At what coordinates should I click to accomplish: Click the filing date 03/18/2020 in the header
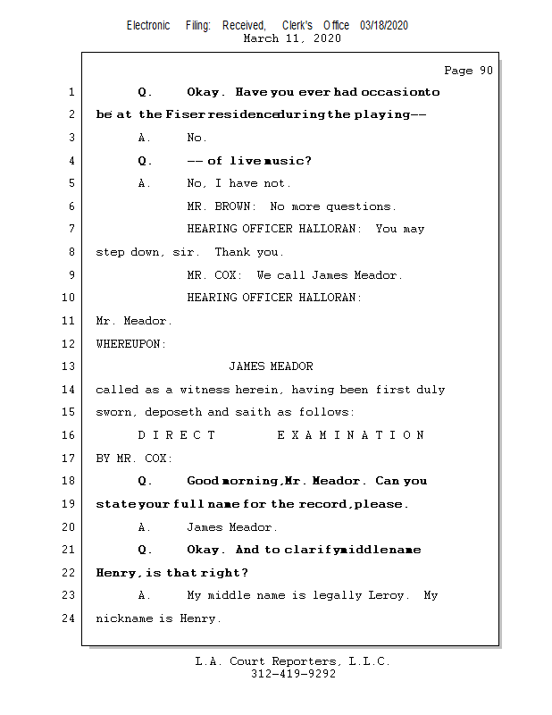pos(384,26)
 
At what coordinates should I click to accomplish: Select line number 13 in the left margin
pos(70,366)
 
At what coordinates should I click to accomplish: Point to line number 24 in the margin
pos(70,618)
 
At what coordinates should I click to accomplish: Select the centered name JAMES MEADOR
pos(271,366)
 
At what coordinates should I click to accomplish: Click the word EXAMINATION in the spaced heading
pos(351,434)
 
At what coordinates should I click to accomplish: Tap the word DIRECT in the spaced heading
pos(176,434)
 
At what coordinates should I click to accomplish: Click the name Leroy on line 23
pos(389,595)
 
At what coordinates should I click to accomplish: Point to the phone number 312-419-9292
pos(294,674)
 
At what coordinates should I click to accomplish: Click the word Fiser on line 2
pos(183,114)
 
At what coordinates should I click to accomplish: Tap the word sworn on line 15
pos(113,412)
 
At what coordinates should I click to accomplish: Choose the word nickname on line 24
pos(124,618)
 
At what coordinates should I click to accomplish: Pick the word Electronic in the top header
pos(148,26)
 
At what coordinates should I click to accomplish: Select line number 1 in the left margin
pos(71,92)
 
